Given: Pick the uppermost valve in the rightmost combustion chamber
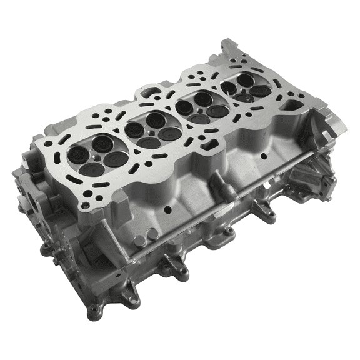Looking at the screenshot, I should (x=245, y=79).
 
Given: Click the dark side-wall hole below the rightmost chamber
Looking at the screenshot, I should (x=263, y=156).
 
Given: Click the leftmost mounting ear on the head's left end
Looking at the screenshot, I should (x=45, y=250).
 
